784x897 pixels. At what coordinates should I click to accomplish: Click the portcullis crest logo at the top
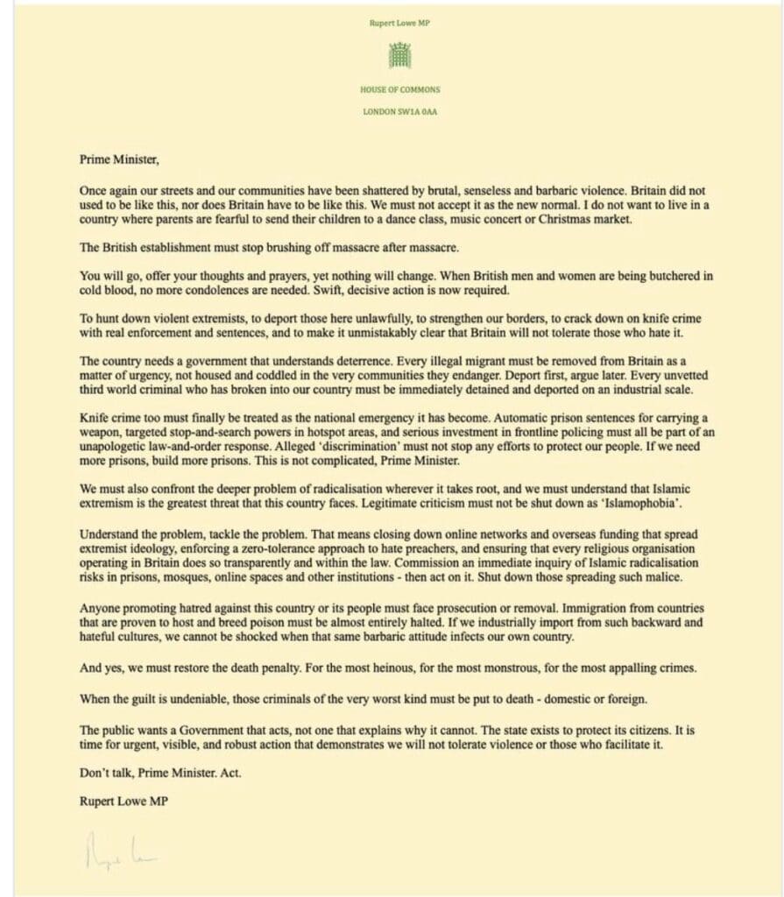(399, 55)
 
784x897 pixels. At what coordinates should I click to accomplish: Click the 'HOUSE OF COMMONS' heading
(399, 89)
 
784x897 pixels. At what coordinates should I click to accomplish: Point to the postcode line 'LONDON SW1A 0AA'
(399, 110)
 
